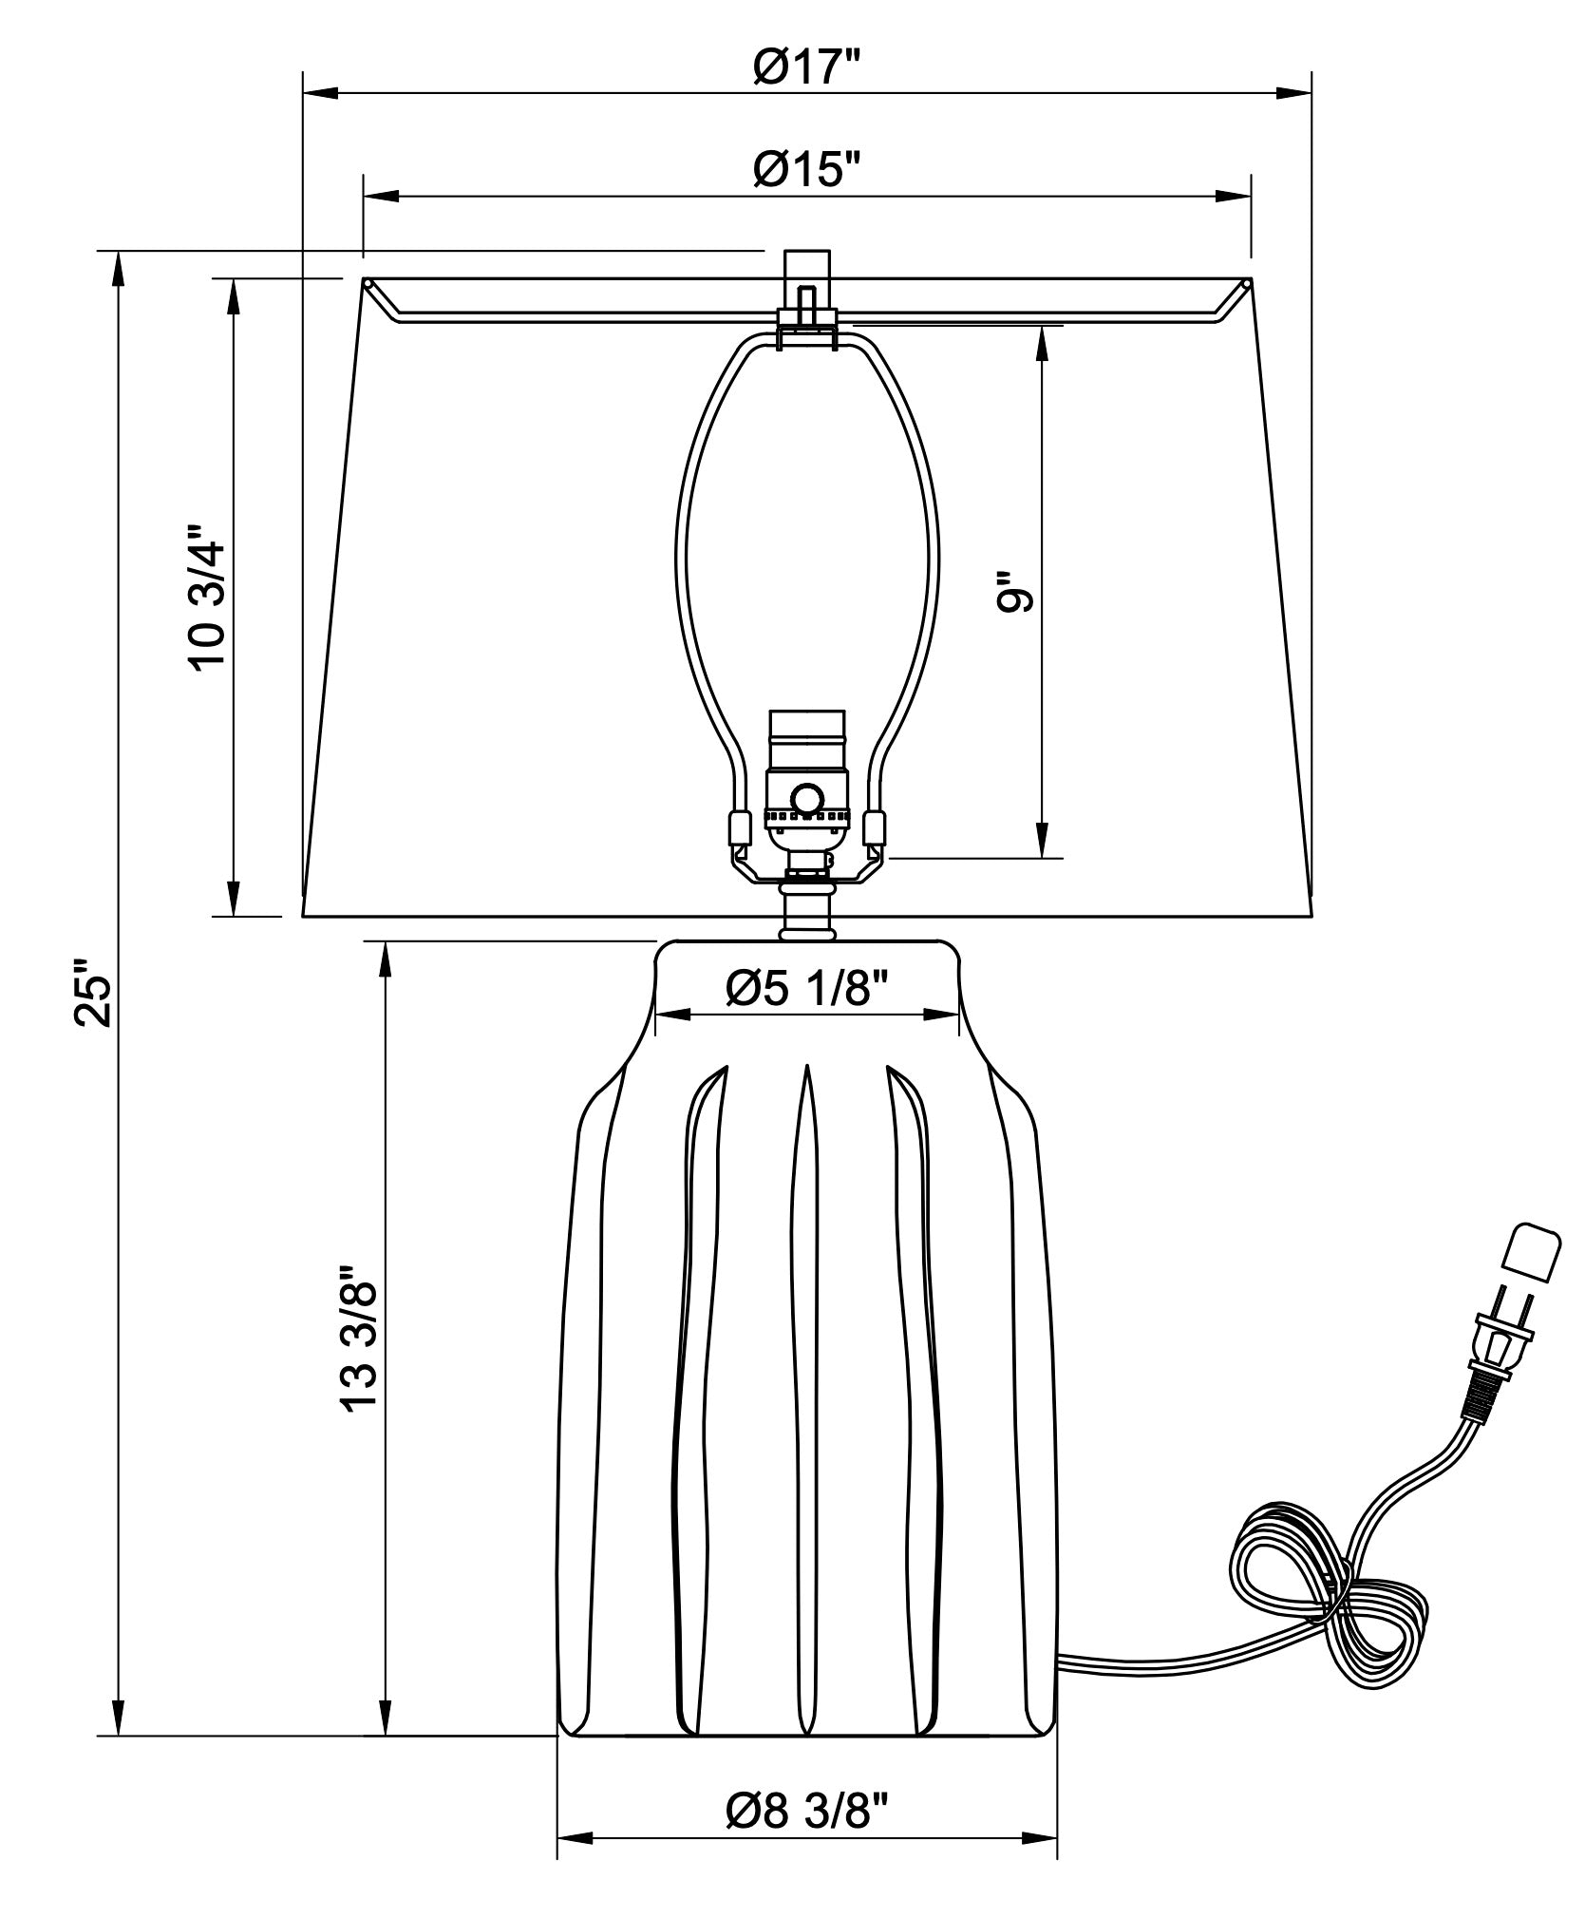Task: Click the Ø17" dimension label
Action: [806, 67]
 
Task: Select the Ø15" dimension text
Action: [806, 170]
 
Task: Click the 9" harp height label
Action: [1013, 592]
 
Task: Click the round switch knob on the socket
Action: [808, 797]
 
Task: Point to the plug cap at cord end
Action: [1532, 1249]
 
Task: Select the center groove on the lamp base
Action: [806, 1396]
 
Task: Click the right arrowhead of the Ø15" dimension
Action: [1234, 196]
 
